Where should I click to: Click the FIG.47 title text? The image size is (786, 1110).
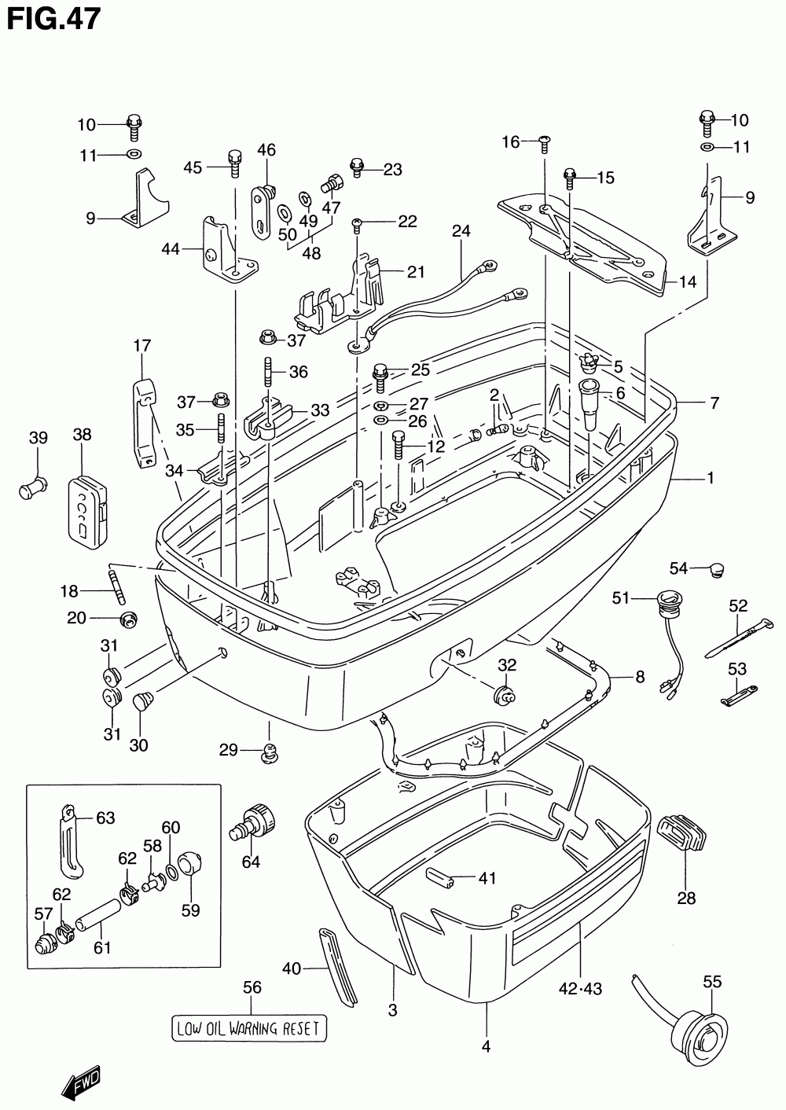point(53,19)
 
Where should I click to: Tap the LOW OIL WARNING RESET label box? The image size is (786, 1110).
point(248,1027)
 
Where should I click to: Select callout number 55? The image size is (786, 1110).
point(712,981)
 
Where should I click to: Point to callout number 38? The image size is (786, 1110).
point(83,434)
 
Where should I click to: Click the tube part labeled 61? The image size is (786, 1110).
point(99,917)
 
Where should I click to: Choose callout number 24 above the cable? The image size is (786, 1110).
point(461,231)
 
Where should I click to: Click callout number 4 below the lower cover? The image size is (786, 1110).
point(486,1046)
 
